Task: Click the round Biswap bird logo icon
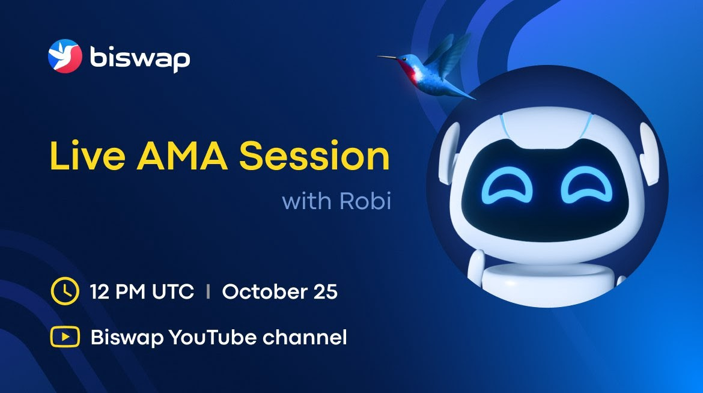65,56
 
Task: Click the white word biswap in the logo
140,58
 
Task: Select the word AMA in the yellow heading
182,156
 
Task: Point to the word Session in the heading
314,156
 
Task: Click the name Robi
365,201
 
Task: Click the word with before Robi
308,201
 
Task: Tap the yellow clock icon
65,291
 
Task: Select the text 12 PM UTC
142,291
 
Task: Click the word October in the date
264,291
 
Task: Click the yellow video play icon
65,337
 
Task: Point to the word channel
305,337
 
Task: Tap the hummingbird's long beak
388,57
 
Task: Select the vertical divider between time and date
208,291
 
